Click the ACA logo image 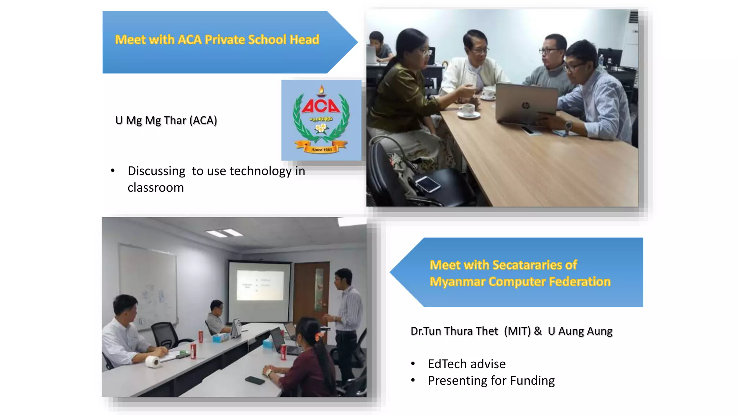[x=321, y=120]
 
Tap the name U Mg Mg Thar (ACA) [x=166, y=120]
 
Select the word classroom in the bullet [x=156, y=188]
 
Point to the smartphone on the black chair [x=428, y=184]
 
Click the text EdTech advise [x=467, y=364]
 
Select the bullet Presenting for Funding [x=491, y=381]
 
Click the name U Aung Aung [x=580, y=331]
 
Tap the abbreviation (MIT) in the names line [x=517, y=331]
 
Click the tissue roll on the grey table [x=153, y=361]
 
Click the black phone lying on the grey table [x=255, y=380]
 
